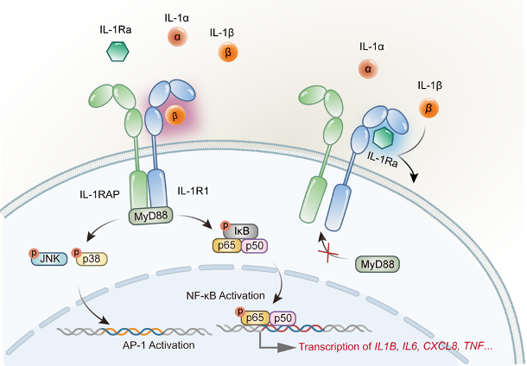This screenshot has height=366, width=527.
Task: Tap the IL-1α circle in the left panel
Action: pyautogui.click(x=178, y=37)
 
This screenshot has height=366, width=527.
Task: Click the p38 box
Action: pyautogui.click(x=91, y=256)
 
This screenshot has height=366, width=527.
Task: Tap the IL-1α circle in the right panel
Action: pyautogui.click(x=369, y=67)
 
